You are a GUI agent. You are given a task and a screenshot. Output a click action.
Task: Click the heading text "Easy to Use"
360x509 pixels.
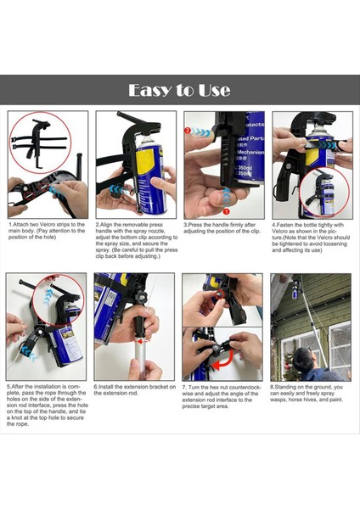click(x=180, y=90)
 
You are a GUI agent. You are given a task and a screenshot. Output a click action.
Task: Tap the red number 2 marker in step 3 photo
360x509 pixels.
click(x=188, y=131)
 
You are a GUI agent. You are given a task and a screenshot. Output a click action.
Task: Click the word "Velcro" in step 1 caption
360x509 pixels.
click(x=55, y=225)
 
